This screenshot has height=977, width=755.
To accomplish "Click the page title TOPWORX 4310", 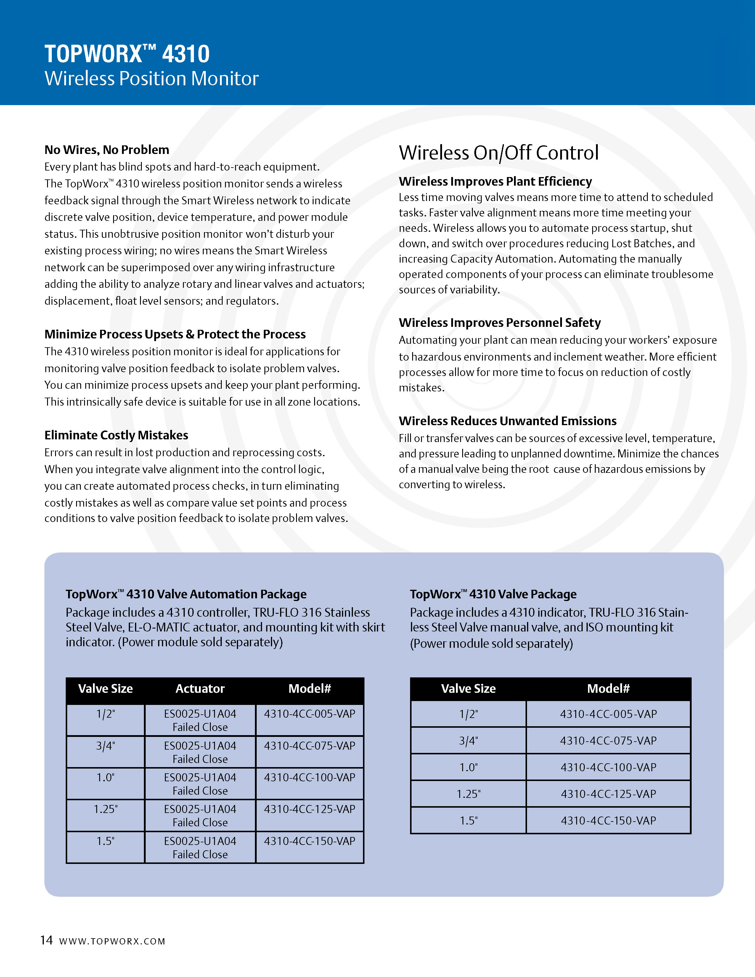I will point(127,54).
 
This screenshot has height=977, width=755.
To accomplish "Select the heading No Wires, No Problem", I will point(107,150).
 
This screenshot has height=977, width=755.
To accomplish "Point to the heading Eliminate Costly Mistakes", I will point(116,435).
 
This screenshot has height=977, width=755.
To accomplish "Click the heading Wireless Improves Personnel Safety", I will point(499,322).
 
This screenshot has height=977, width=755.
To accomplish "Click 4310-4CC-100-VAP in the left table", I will point(309,777).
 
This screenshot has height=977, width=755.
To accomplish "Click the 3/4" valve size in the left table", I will point(106,746).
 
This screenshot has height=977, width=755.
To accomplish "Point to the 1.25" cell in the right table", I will point(468,794).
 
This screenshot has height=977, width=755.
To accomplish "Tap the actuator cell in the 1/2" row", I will point(200,720).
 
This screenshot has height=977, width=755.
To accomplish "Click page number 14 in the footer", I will point(46,940).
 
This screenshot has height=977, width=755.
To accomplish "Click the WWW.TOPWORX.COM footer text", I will point(112,941).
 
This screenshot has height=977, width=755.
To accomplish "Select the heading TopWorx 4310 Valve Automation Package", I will point(186,594).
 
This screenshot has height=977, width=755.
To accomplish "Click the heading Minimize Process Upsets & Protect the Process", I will point(175,334).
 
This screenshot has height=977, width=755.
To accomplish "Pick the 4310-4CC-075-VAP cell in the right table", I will point(608,741).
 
